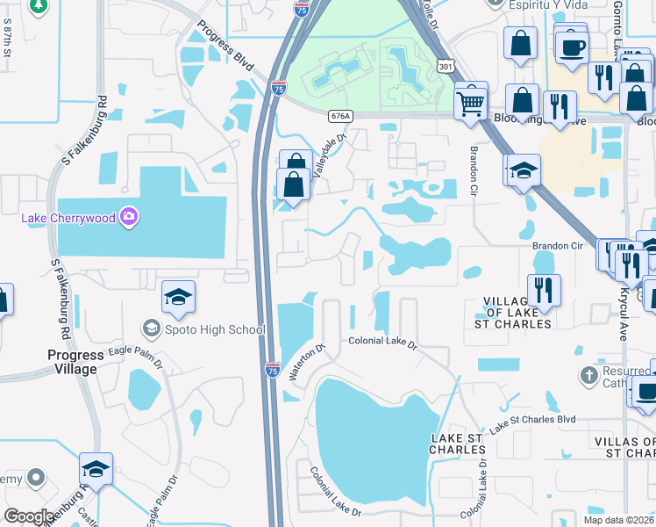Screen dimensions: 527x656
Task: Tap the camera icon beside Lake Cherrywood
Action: pos(129,216)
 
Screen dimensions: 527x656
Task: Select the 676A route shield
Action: pos(340,115)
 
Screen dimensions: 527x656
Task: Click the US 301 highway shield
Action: pos(446,66)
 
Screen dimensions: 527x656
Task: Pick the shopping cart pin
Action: pos(471,101)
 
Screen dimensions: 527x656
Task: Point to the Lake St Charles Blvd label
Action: pos(532,422)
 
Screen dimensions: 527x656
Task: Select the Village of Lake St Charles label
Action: pos(518,313)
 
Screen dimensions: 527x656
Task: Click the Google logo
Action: pos(29,516)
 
